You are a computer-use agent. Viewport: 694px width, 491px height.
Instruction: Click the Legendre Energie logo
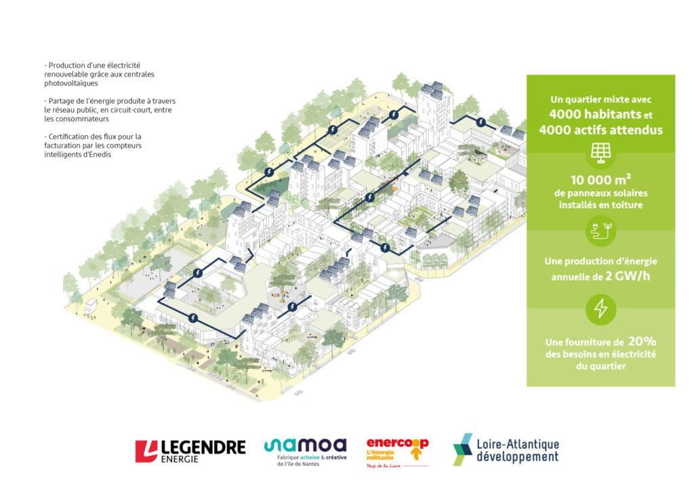[190, 451]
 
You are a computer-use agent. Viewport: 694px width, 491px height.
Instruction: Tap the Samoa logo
[306, 452]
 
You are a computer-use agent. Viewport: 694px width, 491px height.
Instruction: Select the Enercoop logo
[397, 452]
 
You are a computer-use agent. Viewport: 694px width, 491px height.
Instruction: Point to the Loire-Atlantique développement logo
[506, 450]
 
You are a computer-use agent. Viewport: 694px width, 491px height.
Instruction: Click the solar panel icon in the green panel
[600, 153]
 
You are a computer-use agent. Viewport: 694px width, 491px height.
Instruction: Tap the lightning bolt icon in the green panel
[600, 309]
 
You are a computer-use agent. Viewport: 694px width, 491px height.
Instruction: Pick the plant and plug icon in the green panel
[600, 230]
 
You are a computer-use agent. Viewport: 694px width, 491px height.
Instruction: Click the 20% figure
[642, 341]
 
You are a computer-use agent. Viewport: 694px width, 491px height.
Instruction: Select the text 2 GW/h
[628, 276]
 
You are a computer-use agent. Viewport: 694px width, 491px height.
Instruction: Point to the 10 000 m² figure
[600, 179]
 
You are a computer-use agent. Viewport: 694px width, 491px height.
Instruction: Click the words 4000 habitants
[595, 114]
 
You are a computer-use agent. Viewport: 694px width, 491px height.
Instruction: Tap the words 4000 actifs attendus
[600, 130]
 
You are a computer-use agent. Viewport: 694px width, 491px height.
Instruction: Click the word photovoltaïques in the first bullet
[70, 83]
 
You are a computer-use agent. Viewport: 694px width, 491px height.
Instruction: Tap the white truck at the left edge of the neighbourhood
[90, 306]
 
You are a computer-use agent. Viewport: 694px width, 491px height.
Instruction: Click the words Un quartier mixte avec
[600, 100]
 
